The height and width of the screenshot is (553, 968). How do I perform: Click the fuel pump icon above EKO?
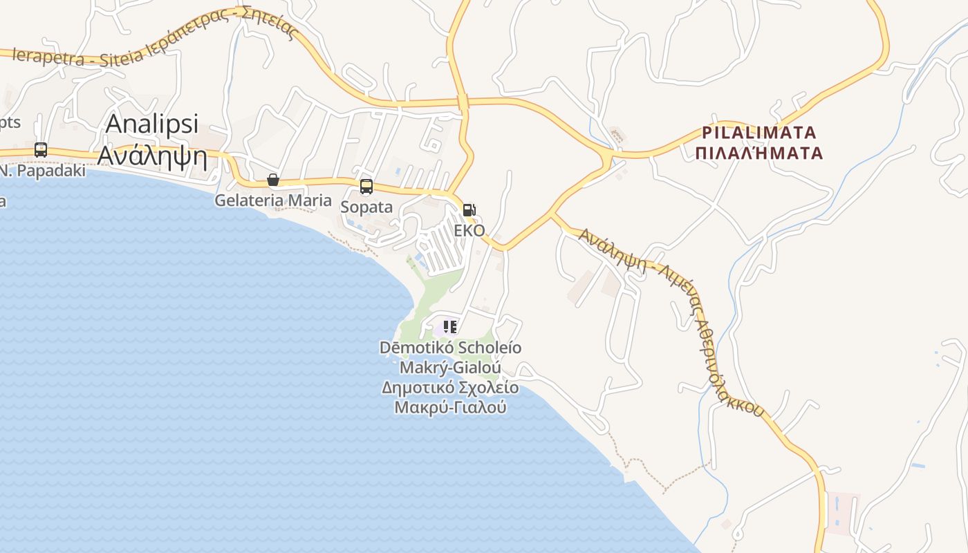pos(469,210)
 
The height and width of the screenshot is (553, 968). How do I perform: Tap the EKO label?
pos(469,230)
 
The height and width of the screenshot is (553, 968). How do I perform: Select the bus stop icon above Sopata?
pos(366,187)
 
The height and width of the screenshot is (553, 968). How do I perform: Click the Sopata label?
pos(366,207)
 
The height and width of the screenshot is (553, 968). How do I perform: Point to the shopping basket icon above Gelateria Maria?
pos(273,180)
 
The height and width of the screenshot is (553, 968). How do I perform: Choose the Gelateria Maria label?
pos(273,200)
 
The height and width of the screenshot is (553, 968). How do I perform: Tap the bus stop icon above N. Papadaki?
pos(41,150)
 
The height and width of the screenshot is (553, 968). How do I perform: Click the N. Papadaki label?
pos(43,170)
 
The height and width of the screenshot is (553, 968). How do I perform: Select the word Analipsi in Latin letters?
pos(152,124)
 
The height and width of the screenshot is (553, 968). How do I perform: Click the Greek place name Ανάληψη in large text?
pos(152,156)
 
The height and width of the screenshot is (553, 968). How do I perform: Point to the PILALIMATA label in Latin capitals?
pos(759,132)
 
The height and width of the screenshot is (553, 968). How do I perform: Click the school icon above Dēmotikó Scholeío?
pos(450,326)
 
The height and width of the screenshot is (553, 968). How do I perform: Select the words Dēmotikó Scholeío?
pos(450,347)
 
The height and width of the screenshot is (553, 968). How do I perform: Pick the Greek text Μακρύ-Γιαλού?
pos(450,407)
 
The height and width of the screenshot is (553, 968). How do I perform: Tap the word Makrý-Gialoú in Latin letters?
pos(450,367)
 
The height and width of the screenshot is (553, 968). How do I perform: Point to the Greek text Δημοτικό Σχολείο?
pos(450,387)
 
